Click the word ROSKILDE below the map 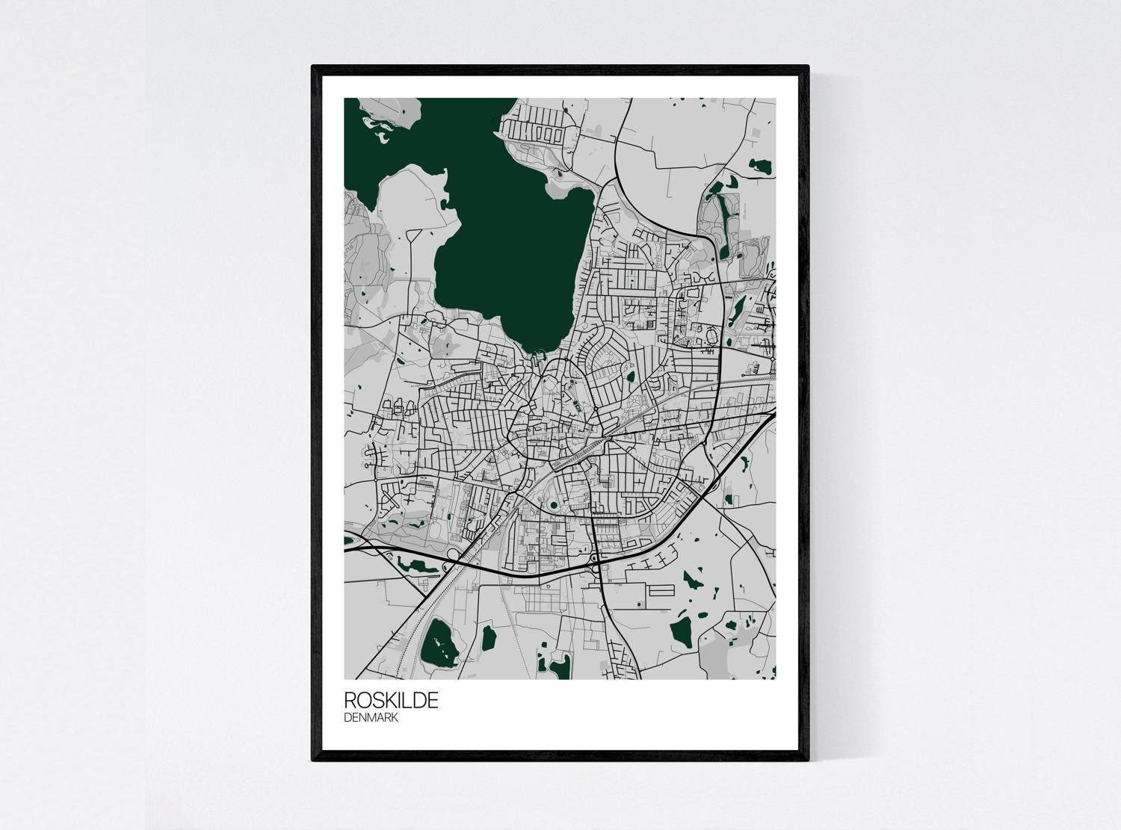391,701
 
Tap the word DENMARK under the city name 371,718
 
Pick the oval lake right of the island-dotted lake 489,637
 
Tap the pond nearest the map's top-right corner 762,166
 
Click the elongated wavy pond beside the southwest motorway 417,565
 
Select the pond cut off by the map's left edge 348,539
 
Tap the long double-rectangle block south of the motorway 661,590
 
